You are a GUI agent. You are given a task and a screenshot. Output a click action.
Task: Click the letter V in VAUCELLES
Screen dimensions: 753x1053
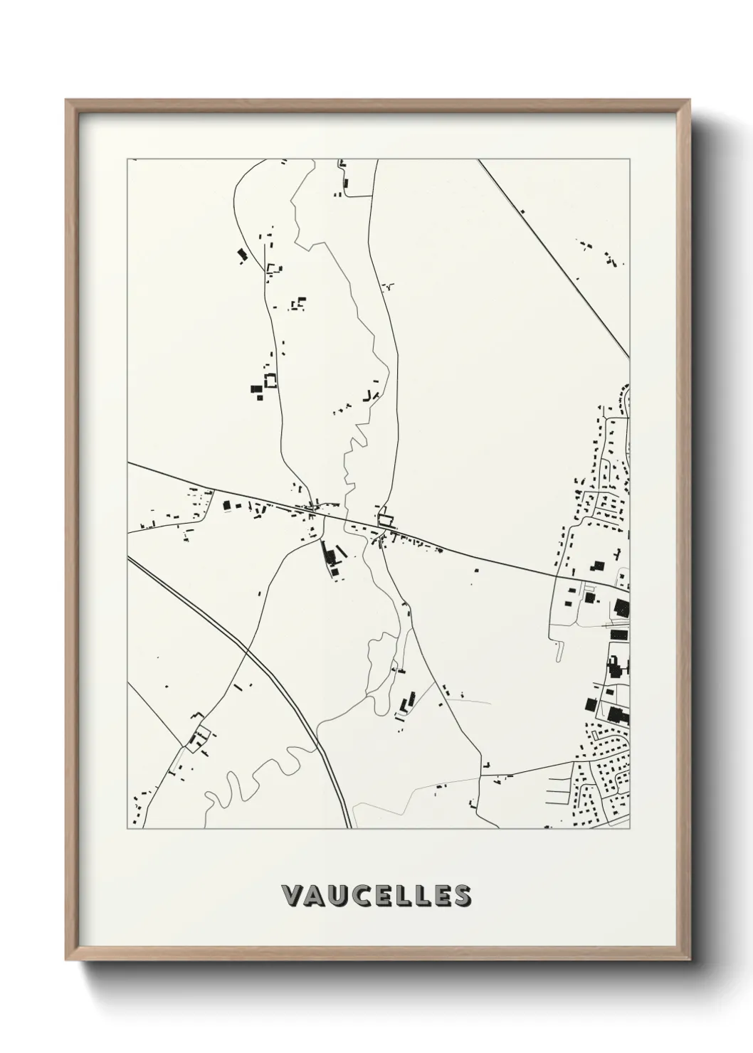(292, 896)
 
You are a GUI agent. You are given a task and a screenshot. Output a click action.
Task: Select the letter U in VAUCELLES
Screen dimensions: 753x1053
(337, 896)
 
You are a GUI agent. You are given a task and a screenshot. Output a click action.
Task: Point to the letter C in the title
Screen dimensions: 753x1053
(359, 896)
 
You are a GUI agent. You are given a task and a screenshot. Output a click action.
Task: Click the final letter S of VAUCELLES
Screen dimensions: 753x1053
(461, 896)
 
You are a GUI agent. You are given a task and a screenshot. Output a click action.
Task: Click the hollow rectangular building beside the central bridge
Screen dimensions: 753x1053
(385, 520)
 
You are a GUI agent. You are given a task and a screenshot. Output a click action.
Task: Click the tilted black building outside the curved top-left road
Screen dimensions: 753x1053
(241, 254)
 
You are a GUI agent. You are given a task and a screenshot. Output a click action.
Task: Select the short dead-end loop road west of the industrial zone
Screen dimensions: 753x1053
(559, 647)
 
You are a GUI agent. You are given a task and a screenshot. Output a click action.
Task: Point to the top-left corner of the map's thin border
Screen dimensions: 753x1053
(127, 159)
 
